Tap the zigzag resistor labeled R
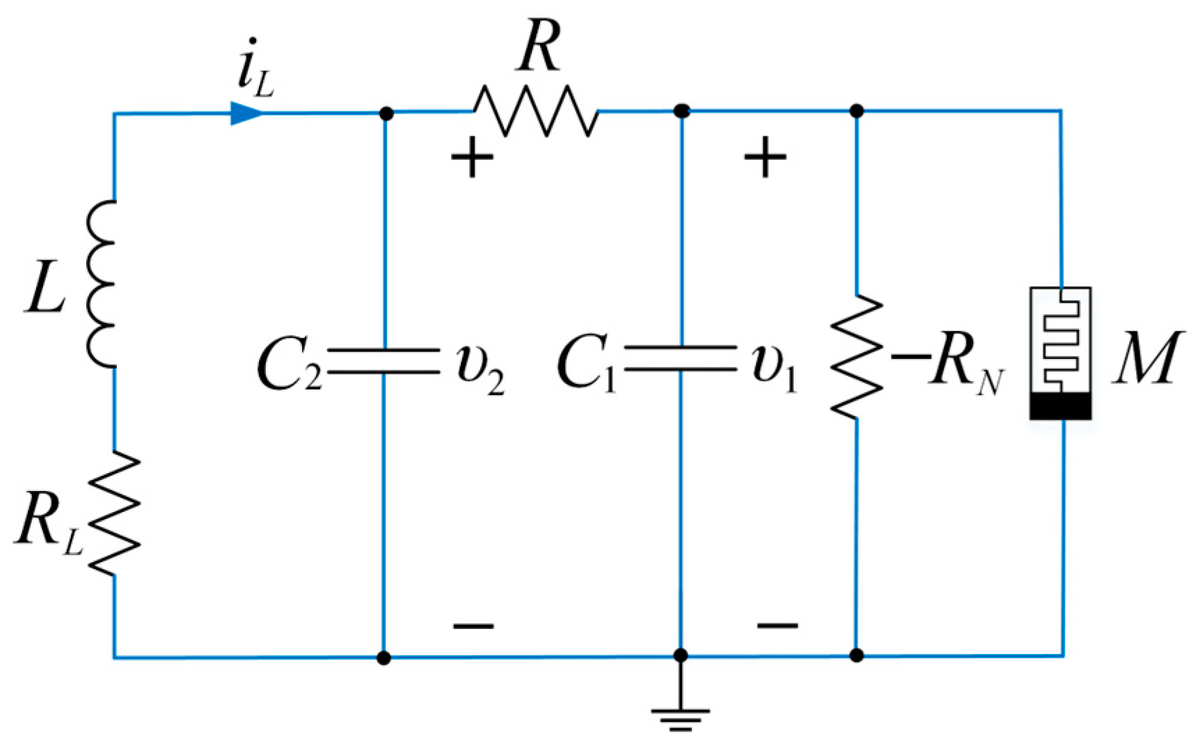pos(535,111)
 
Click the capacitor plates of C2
pos(384,361)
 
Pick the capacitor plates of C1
pos(681,358)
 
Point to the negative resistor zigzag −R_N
pos(857,357)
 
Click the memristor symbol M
pos(1060,353)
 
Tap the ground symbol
pos(681,717)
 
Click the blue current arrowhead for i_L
pos(246,113)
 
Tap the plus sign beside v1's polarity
pos(766,157)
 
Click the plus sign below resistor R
pos(473,157)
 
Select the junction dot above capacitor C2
pos(387,113)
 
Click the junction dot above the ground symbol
pos(681,655)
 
